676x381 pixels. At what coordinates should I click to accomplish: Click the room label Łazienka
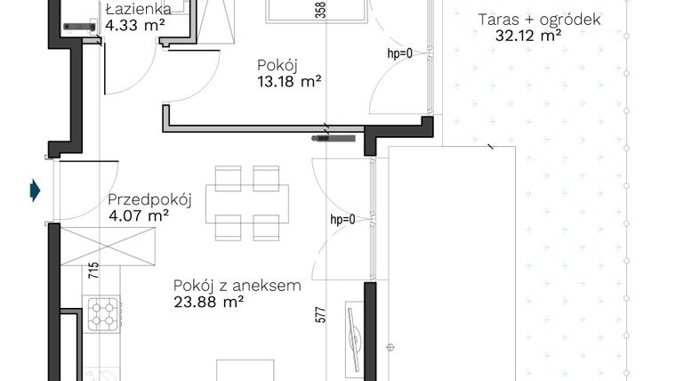click(133, 10)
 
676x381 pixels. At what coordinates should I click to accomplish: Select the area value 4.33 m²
click(134, 26)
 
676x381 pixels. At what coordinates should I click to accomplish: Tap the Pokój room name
click(277, 65)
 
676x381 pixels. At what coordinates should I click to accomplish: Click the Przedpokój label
click(150, 199)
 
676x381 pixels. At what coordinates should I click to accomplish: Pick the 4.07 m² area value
click(139, 215)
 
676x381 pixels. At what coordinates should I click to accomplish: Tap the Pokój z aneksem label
click(237, 286)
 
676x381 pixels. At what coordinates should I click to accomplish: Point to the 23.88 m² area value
click(210, 302)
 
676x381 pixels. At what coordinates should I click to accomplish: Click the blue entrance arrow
click(35, 190)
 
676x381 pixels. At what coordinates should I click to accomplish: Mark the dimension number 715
click(92, 267)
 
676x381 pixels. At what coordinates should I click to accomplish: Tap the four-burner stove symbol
click(104, 312)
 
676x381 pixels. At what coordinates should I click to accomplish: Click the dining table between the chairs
click(246, 204)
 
